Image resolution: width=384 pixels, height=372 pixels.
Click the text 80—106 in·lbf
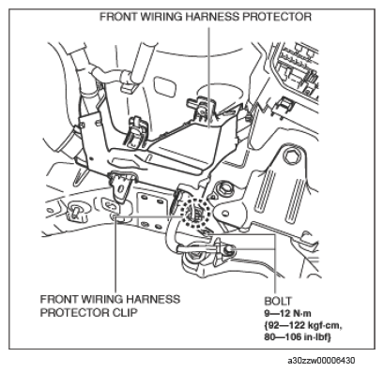click(x=298, y=337)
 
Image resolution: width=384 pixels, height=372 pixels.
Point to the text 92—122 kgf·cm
click(x=303, y=325)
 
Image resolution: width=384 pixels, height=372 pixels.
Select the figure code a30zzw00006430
click(x=321, y=361)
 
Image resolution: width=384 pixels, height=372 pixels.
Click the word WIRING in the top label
click(x=162, y=17)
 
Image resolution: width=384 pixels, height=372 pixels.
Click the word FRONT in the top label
click(x=119, y=17)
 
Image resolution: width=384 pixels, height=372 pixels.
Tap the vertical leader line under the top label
click(x=208, y=77)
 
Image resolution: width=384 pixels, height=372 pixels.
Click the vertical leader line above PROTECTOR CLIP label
click(x=116, y=253)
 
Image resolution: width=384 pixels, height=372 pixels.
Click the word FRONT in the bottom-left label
click(x=59, y=299)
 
